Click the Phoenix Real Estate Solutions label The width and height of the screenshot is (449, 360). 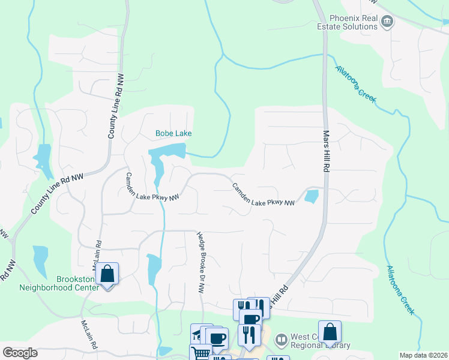[352, 23]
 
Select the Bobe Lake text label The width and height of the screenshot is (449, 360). [173, 133]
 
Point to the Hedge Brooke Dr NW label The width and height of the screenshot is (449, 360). [201, 262]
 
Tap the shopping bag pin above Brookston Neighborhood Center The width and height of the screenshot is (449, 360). [107, 274]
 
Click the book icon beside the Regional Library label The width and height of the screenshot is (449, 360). [282, 340]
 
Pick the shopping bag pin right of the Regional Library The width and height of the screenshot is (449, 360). [330, 332]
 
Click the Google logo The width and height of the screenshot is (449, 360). [20, 352]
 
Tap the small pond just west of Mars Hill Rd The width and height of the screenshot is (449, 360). [312, 196]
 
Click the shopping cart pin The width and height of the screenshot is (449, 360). [200, 353]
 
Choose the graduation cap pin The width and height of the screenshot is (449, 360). [197, 333]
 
